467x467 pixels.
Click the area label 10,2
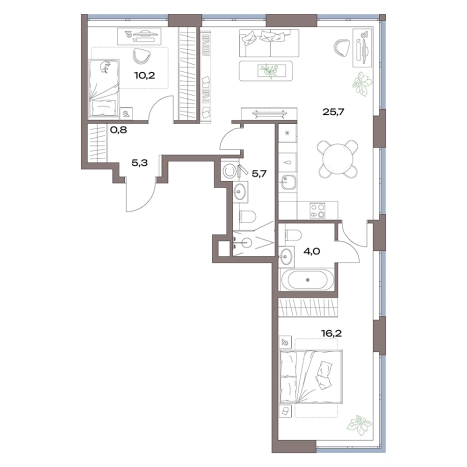145,75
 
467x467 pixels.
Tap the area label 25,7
333,112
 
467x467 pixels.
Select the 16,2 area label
331,333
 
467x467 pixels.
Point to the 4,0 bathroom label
311,251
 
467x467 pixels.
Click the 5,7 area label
259,173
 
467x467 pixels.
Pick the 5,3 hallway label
140,163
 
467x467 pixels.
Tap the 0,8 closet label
118,130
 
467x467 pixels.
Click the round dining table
338,158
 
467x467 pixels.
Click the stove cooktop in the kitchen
318,211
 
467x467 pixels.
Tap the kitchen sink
288,182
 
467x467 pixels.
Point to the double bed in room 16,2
311,376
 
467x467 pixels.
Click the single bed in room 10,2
105,88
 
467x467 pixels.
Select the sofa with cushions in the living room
269,43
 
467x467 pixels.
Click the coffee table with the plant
266,71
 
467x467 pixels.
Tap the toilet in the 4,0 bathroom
292,235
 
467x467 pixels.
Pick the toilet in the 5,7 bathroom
247,217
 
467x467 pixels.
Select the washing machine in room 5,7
229,171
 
